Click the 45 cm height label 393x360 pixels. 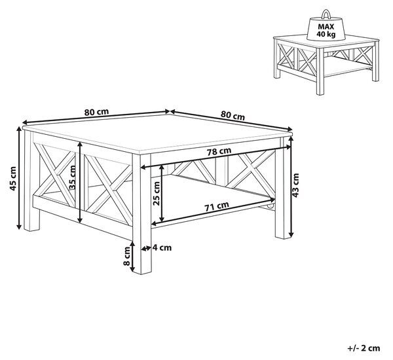[13, 178]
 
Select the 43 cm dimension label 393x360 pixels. [296, 185]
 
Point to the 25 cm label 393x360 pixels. [157, 193]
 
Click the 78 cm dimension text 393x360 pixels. [219, 151]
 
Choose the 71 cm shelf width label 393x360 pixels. [217, 206]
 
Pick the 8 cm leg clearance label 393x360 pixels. [127, 256]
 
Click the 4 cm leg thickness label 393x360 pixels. [162, 248]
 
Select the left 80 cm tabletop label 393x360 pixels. [96, 112]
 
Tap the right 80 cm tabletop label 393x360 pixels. [233, 115]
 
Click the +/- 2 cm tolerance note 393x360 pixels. [364, 348]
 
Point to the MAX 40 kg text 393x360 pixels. [326, 30]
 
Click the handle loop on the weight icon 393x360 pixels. [326, 13]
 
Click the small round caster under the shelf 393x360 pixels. [270, 206]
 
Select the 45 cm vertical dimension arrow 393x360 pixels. [19, 178]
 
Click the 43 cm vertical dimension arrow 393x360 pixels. [291, 187]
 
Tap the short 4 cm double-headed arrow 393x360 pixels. [146, 248]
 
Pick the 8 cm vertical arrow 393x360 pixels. [132, 257]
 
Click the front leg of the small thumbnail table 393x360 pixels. [320, 72]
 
